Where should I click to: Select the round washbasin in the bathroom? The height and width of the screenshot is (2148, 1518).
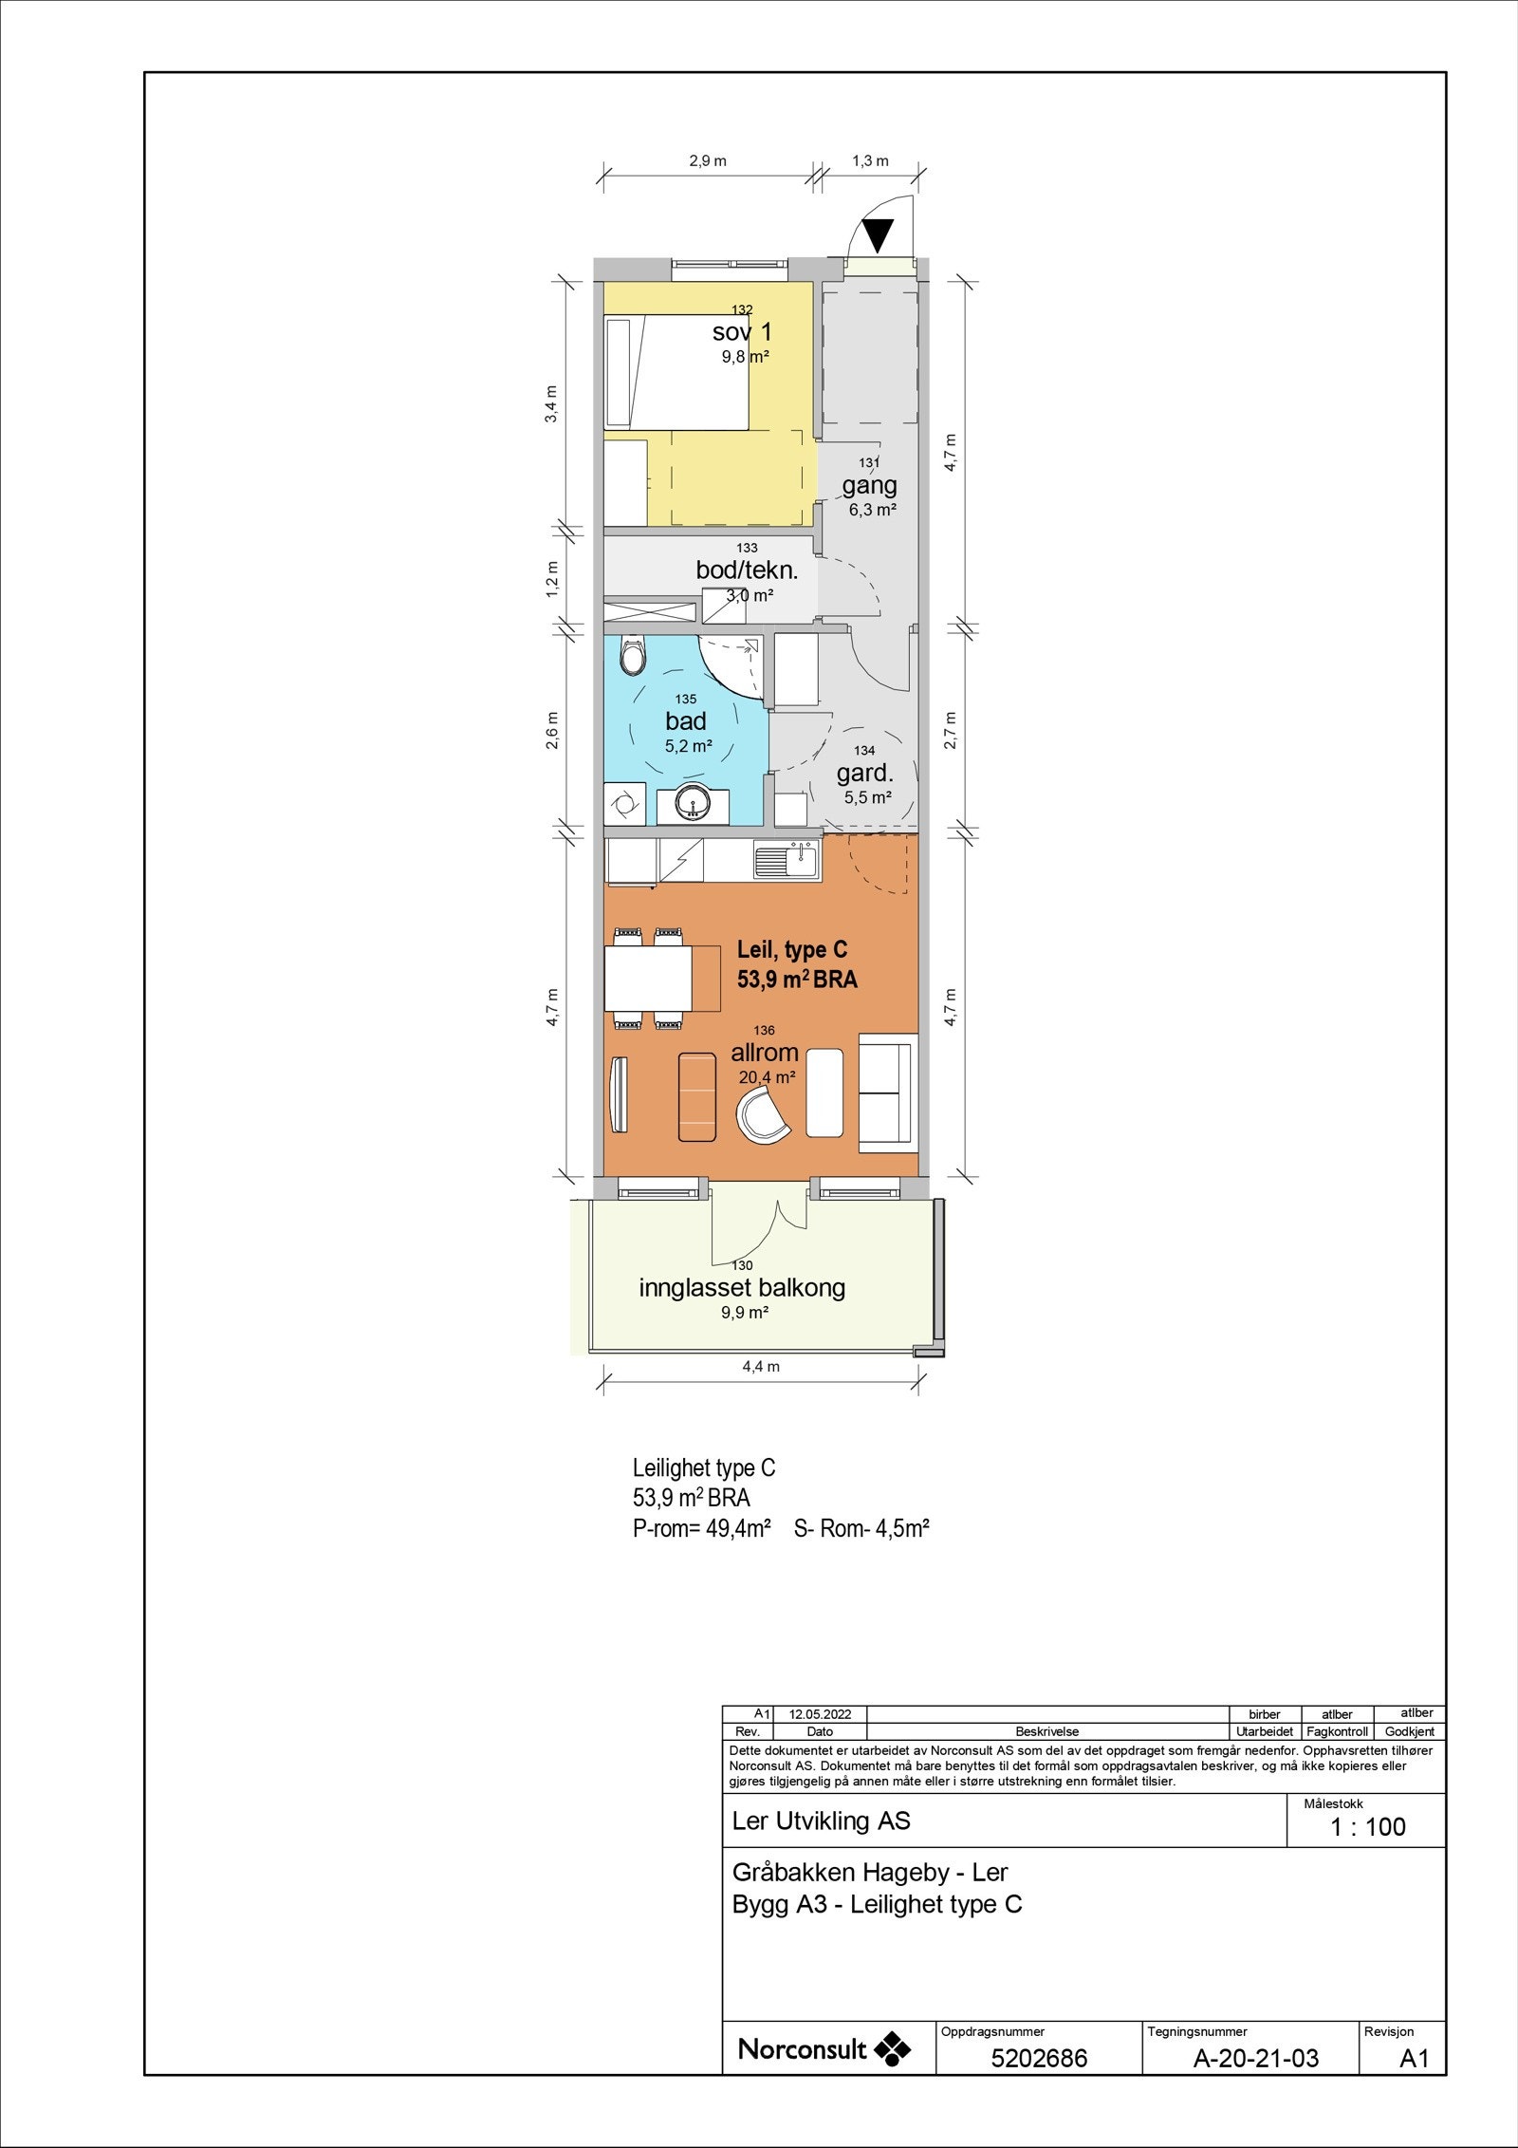(694, 806)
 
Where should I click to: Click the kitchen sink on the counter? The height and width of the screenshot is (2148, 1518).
(786, 859)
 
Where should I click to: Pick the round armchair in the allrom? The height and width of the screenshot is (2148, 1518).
(763, 1112)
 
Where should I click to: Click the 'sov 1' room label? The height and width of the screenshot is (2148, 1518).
(742, 332)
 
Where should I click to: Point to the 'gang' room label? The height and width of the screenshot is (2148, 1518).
(869, 486)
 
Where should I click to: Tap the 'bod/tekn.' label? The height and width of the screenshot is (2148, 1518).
(747, 571)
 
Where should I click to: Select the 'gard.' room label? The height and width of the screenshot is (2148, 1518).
(865, 774)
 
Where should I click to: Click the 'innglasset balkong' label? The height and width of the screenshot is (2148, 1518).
(742, 1288)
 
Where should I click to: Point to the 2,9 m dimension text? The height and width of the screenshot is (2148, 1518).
(708, 160)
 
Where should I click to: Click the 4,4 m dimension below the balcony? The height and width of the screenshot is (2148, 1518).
(760, 1367)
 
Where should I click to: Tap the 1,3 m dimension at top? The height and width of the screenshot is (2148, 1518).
(870, 160)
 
